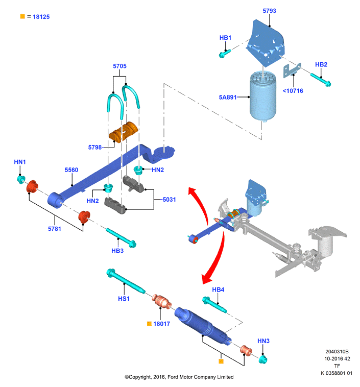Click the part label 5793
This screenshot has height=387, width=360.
coord(269,11)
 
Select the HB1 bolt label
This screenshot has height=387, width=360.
coord(225,38)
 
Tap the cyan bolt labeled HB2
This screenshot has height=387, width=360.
coord(321,80)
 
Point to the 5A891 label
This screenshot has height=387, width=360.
coord(228,97)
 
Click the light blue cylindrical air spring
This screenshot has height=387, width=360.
coord(262,96)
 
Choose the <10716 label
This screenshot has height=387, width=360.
coord(293,91)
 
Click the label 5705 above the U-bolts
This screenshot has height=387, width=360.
coord(120,66)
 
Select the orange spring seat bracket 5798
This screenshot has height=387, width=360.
coord(123,132)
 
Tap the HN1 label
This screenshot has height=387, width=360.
coord(20,162)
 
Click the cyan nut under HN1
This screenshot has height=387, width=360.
coord(21,179)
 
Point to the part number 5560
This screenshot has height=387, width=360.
coord(71,170)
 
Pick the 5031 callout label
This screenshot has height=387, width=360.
coord(169,200)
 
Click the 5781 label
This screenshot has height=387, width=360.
coord(54,229)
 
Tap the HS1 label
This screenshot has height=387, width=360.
coord(124,299)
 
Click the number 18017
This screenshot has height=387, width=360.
coord(161,324)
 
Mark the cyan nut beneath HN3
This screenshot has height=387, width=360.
coord(263,359)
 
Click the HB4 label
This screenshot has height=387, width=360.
coord(218,290)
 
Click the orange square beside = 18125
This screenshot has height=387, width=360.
coord(22,16)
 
